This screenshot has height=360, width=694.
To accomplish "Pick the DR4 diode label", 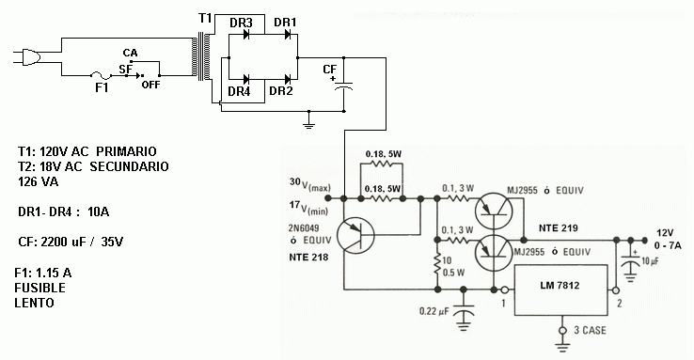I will click(240, 91).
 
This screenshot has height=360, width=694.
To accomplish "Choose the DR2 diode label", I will click(281, 91).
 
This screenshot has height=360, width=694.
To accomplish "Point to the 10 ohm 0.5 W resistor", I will click(436, 265).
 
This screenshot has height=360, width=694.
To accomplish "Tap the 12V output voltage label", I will click(666, 232).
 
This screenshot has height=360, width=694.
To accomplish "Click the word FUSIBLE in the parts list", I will click(45, 290).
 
